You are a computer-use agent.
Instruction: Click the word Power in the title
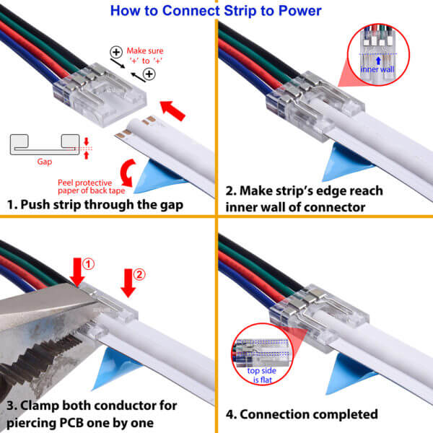300,11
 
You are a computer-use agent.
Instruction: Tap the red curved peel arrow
128,172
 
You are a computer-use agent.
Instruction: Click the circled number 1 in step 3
88,264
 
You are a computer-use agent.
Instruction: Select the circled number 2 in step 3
139,274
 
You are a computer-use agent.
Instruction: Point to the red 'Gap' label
45,162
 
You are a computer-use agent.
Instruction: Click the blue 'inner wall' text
377,69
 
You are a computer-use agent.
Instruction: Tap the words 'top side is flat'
262,375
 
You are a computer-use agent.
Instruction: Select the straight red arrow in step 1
172,110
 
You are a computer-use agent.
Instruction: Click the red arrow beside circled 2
128,283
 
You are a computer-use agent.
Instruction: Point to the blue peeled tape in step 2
346,162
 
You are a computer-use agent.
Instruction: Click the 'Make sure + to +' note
145,56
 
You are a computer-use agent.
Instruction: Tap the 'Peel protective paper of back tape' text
91,187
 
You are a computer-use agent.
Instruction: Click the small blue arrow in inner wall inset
378,61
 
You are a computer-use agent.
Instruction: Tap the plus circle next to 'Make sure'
116,52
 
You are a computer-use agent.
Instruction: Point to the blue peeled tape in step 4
351,373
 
